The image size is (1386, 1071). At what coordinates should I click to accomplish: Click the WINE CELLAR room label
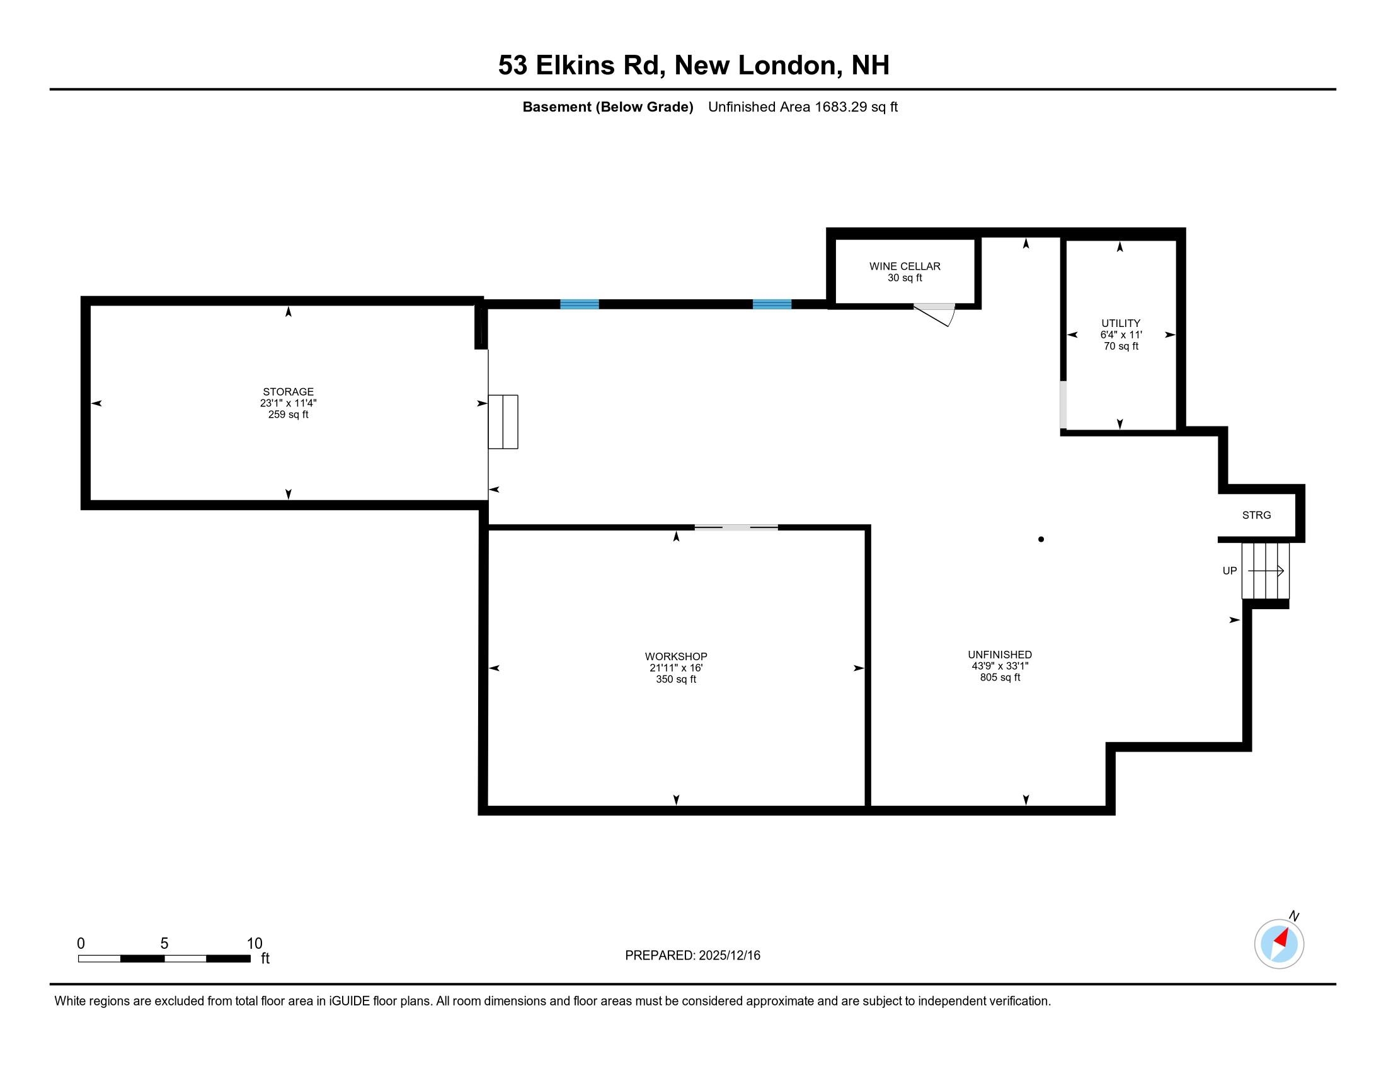(904, 266)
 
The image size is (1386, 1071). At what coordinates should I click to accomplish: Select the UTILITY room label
(1121, 323)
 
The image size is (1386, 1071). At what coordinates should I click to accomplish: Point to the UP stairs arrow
(1266, 571)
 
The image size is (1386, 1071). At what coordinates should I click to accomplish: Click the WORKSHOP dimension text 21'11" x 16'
(676, 668)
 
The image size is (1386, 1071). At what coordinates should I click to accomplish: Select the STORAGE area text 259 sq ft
(288, 415)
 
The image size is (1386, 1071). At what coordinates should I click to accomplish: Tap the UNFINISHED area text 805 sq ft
(1000, 678)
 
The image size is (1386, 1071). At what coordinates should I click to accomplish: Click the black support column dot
(1041, 539)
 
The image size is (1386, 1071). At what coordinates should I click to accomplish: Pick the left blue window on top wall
(580, 304)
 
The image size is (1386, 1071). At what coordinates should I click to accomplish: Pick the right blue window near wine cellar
(772, 304)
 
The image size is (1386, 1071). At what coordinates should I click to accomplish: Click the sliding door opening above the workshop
(736, 527)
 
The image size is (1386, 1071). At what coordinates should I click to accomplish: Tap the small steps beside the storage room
(503, 422)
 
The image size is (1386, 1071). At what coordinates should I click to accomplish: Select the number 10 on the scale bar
(255, 944)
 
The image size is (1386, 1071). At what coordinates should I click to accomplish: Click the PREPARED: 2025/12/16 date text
(692, 956)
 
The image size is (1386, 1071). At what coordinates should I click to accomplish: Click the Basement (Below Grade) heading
(607, 107)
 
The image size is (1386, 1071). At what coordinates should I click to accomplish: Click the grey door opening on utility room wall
(1063, 404)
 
